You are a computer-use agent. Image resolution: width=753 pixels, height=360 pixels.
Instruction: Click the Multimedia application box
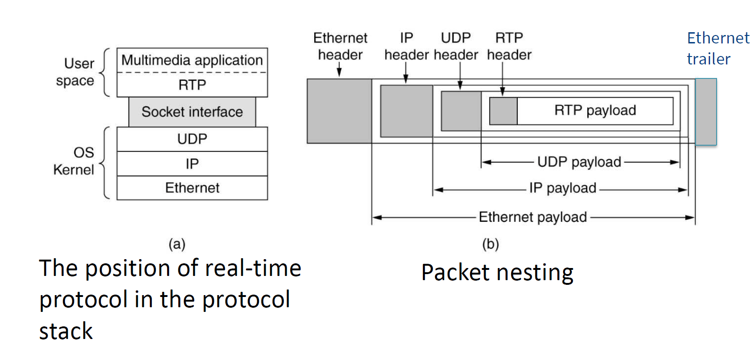tap(192, 60)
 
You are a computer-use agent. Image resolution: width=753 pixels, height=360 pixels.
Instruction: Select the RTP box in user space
tap(192, 85)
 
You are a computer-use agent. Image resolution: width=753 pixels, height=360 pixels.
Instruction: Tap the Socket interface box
tap(192, 112)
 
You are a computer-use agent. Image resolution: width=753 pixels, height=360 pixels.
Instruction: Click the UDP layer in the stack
tap(192, 139)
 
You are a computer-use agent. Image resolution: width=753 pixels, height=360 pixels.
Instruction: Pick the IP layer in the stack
tap(192, 164)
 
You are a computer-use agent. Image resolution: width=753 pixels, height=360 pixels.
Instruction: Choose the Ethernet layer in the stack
tap(192, 188)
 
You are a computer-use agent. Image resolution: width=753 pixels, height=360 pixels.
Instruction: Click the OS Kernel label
tap(74, 161)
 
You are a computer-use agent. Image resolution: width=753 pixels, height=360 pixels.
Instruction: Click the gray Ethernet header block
tap(339, 111)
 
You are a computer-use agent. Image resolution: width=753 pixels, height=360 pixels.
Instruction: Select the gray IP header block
tap(406, 111)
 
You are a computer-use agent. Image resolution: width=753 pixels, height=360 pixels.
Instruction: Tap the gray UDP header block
tap(461, 111)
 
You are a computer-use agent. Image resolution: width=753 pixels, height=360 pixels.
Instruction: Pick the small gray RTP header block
tap(503, 111)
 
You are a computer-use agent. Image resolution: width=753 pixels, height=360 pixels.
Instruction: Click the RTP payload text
tap(595, 110)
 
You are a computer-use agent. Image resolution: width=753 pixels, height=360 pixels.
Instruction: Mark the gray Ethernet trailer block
tap(705, 112)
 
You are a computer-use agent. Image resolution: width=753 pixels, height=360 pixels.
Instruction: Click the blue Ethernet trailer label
tap(718, 48)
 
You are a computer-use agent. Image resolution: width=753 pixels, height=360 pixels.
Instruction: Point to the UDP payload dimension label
tap(579, 162)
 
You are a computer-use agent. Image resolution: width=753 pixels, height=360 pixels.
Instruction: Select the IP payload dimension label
tap(563, 188)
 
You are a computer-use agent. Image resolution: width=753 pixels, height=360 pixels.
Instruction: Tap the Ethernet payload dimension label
tap(533, 217)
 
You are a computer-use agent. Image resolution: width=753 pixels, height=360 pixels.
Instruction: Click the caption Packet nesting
tap(497, 273)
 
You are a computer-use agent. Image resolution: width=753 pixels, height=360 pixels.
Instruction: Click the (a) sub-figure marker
tap(177, 244)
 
